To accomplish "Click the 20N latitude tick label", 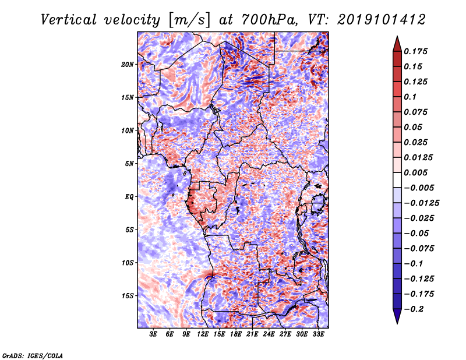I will (x=128, y=64).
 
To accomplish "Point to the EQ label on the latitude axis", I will (x=130, y=197).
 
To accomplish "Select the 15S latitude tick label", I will (x=128, y=296).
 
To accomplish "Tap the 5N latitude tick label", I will (x=129, y=164).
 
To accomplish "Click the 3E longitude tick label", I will (x=154, y=335).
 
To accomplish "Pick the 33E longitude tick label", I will (x=318, y=335).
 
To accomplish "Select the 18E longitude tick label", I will (x=236, y=335).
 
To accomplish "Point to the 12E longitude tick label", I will (x=203, y=335).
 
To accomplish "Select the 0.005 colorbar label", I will (x=417, y=172).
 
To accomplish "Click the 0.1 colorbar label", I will (x=411, y=97).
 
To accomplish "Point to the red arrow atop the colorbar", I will (x=397, y=42).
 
